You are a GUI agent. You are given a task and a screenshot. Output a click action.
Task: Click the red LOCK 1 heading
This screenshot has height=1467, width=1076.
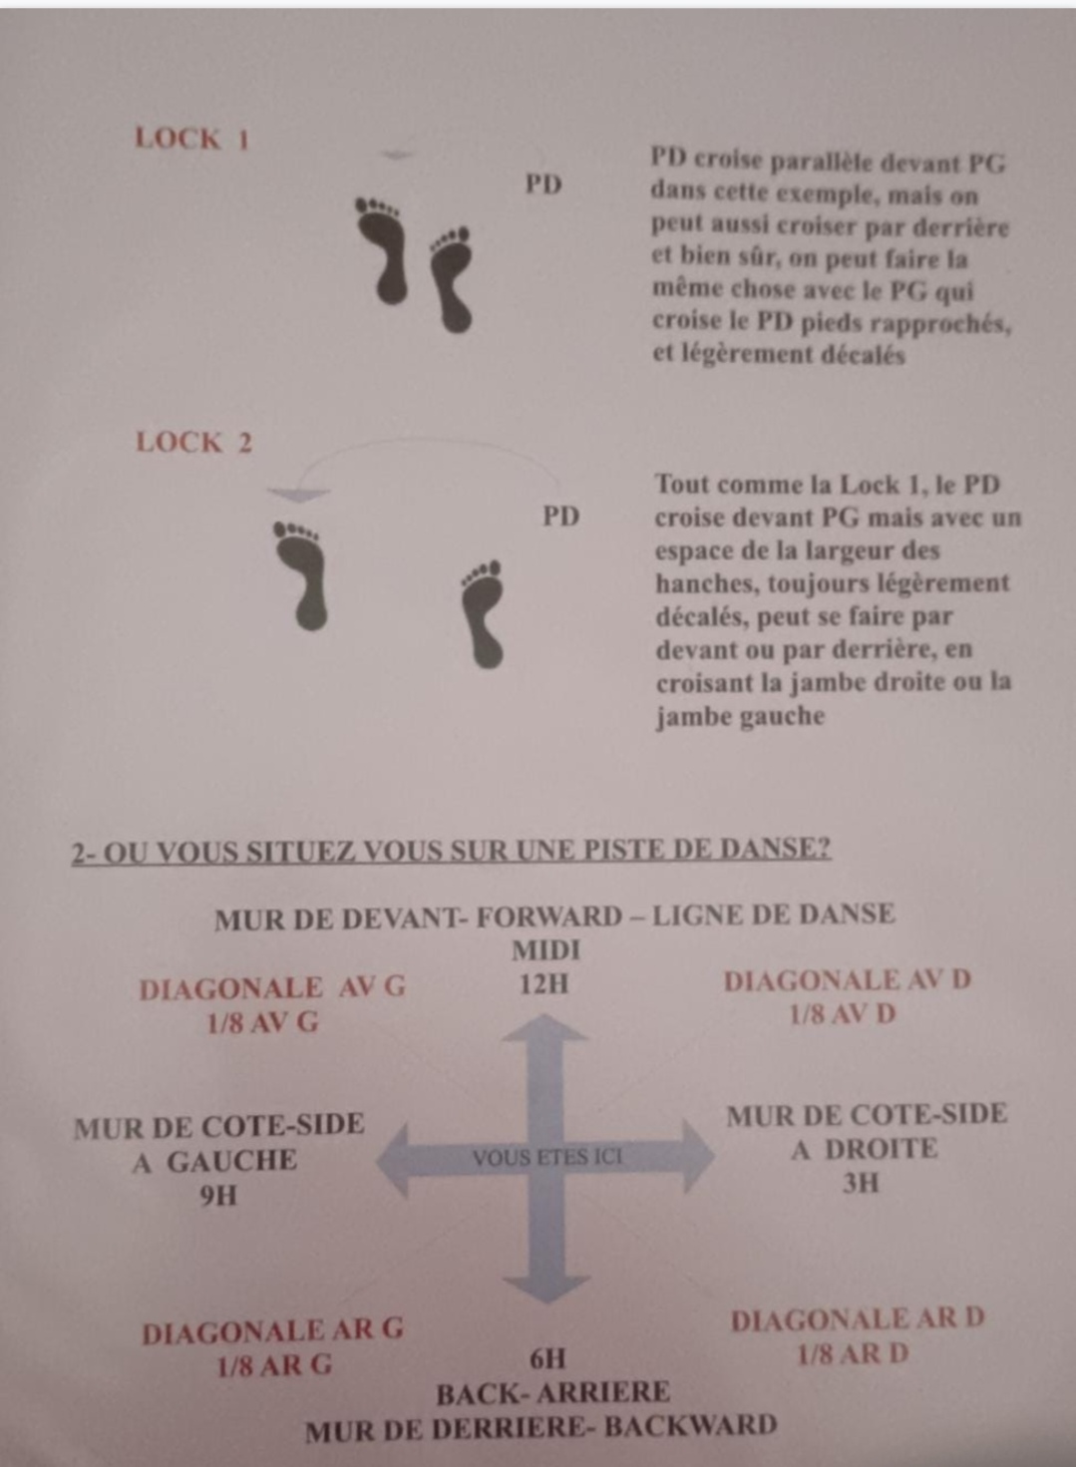191,139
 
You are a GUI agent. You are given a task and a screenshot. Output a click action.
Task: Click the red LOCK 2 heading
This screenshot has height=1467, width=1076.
193,443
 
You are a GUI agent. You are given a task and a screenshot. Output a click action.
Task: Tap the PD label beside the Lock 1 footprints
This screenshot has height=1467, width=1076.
543,185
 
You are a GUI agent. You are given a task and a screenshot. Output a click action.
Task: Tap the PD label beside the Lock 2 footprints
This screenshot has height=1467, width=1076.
561,517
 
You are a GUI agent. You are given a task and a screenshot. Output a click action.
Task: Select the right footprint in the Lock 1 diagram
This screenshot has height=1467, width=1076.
452,279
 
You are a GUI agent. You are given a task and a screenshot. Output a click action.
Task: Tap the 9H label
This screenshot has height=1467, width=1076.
218,1197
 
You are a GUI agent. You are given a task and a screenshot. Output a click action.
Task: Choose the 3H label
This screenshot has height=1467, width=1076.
861,1184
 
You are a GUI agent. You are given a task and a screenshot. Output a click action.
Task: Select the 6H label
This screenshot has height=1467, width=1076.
546,1360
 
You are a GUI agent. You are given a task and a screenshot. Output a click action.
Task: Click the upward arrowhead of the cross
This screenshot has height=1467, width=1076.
544,1027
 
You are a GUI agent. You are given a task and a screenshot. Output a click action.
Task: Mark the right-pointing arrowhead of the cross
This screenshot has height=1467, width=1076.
698,1157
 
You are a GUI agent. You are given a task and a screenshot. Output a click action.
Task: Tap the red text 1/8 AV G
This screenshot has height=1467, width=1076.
263,1023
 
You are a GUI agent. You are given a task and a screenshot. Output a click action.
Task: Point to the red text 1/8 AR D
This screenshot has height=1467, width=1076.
854,1353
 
